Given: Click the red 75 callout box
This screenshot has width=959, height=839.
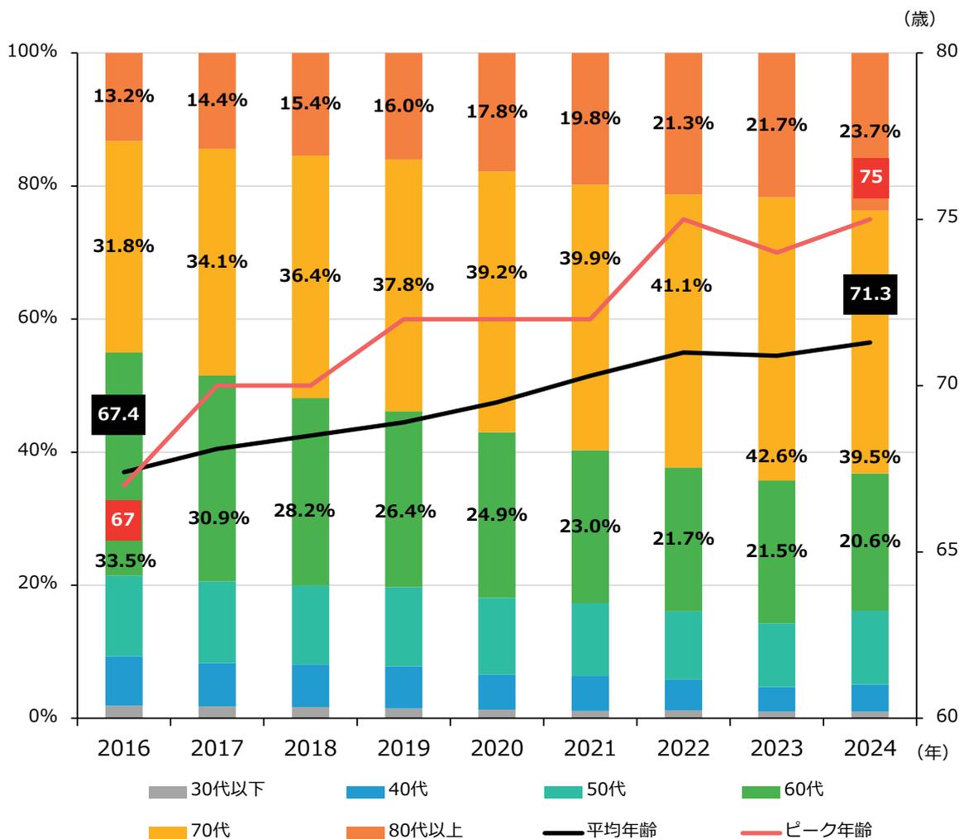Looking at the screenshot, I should click(x=871, y=178).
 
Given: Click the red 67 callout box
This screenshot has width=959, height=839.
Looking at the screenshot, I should click(x=123, y=520).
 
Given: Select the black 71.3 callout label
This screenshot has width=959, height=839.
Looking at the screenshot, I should click(x=871, y=294).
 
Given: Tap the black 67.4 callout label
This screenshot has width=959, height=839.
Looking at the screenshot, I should click(x=118, y=414).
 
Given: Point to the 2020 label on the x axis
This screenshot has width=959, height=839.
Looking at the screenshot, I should click(x=497, y=748).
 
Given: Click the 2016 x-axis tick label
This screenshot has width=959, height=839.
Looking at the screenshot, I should click(x=123, y=748).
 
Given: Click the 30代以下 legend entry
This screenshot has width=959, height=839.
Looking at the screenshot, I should click(x=207, y=790).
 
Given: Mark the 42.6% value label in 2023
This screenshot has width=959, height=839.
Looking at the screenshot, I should click(x=777, y=456).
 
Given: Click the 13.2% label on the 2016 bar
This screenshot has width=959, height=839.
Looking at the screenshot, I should click(x=123, y=96).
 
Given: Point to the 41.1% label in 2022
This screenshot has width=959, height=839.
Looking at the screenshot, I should click(x=684, y=285).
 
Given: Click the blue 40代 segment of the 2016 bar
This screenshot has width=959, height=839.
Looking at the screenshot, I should click(x=123, y=680).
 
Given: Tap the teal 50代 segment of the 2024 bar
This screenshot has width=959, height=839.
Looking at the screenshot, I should click(x=871, y=647).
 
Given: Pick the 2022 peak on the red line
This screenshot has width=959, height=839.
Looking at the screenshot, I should click(x=684, y=219).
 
